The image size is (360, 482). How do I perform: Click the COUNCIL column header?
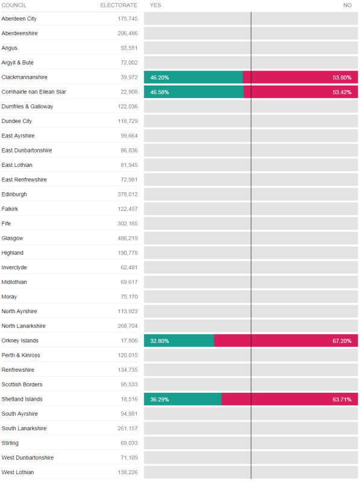[x=14, y=5]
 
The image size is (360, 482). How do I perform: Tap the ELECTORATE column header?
[x=119, y=5]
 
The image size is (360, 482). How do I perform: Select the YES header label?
[x=156, y=5]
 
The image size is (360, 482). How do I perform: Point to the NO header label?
[x=347, y=5]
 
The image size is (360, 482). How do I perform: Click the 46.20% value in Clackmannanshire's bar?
[x=159, y=78]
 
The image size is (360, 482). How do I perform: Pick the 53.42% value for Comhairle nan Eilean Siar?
[x=342, y=92]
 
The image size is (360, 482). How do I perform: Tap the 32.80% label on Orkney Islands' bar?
[x=159, y=341]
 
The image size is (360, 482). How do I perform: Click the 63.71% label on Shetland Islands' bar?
[x=342, y=399]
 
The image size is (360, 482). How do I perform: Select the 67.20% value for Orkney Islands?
[x=342, y=341]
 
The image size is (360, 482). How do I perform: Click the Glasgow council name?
[x=12, y=238]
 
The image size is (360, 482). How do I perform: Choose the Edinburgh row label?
[x=14, y=194]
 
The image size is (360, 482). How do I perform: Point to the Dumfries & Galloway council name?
[x=27, y=107]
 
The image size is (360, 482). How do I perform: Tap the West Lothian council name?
[x=17, y=472]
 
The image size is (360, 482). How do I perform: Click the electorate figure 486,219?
[x=127, y=238]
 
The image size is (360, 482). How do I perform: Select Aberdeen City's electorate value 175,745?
[x=127, y=19]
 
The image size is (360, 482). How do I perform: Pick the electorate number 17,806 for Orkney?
[x=129, y=340]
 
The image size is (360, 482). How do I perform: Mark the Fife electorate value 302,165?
[x=127, y=224]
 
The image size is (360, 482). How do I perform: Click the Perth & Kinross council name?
[x=21, y=355]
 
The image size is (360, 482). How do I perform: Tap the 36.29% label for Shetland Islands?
[x=159, y=399]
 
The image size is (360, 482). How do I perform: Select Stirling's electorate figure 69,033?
[x=129, y=443]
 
